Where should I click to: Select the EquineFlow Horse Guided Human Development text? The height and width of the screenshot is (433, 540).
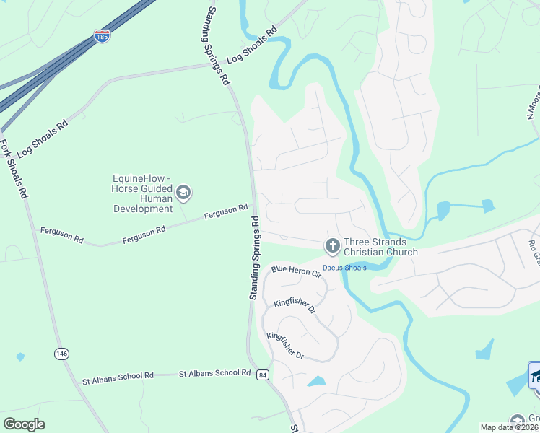(143, 193)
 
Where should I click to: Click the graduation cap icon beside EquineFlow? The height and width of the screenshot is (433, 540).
(183, 192)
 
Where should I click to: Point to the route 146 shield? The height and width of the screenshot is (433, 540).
(61, 354)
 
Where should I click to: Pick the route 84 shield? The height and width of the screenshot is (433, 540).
(263, 375)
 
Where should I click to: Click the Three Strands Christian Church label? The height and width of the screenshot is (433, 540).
(380, 247)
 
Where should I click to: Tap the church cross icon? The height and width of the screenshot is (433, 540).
(332, 247)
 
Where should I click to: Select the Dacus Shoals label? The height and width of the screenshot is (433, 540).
(344, 268)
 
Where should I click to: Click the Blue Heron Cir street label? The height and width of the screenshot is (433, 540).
(295, 271)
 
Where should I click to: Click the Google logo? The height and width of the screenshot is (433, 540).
(24, 424)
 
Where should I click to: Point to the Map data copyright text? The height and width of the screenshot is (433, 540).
(510, 427)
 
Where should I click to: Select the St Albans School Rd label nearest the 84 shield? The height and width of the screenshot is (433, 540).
(214, 373)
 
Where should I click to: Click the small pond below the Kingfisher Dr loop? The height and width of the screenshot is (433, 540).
(316, 381)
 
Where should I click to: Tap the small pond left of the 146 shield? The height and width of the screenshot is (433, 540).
(19, 357)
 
